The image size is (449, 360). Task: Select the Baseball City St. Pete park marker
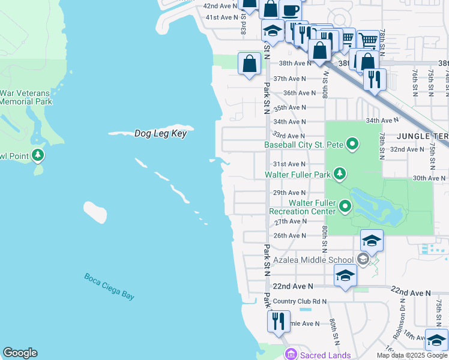tap(352, 145)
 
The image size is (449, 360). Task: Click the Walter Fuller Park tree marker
tap(340, 175)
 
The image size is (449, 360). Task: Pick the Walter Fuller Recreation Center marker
tap(345, 207)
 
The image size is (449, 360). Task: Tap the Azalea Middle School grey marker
tap(363, 259)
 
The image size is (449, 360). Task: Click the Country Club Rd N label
tap(299, 301)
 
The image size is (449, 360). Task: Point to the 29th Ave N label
tap(289, 193)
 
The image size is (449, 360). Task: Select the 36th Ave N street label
tap(299, 93)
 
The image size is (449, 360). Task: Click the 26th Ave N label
tap(289, 236)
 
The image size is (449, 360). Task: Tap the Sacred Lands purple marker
tap(291, 355)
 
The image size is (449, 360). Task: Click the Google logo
tap(20, 353)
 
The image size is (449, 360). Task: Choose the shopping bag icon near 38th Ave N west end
tap(249, 64)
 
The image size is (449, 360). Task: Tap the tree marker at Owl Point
tap(38, 156)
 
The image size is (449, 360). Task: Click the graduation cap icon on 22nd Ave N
tap(345, 275)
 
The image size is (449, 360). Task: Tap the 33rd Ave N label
tap(289, 136)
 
